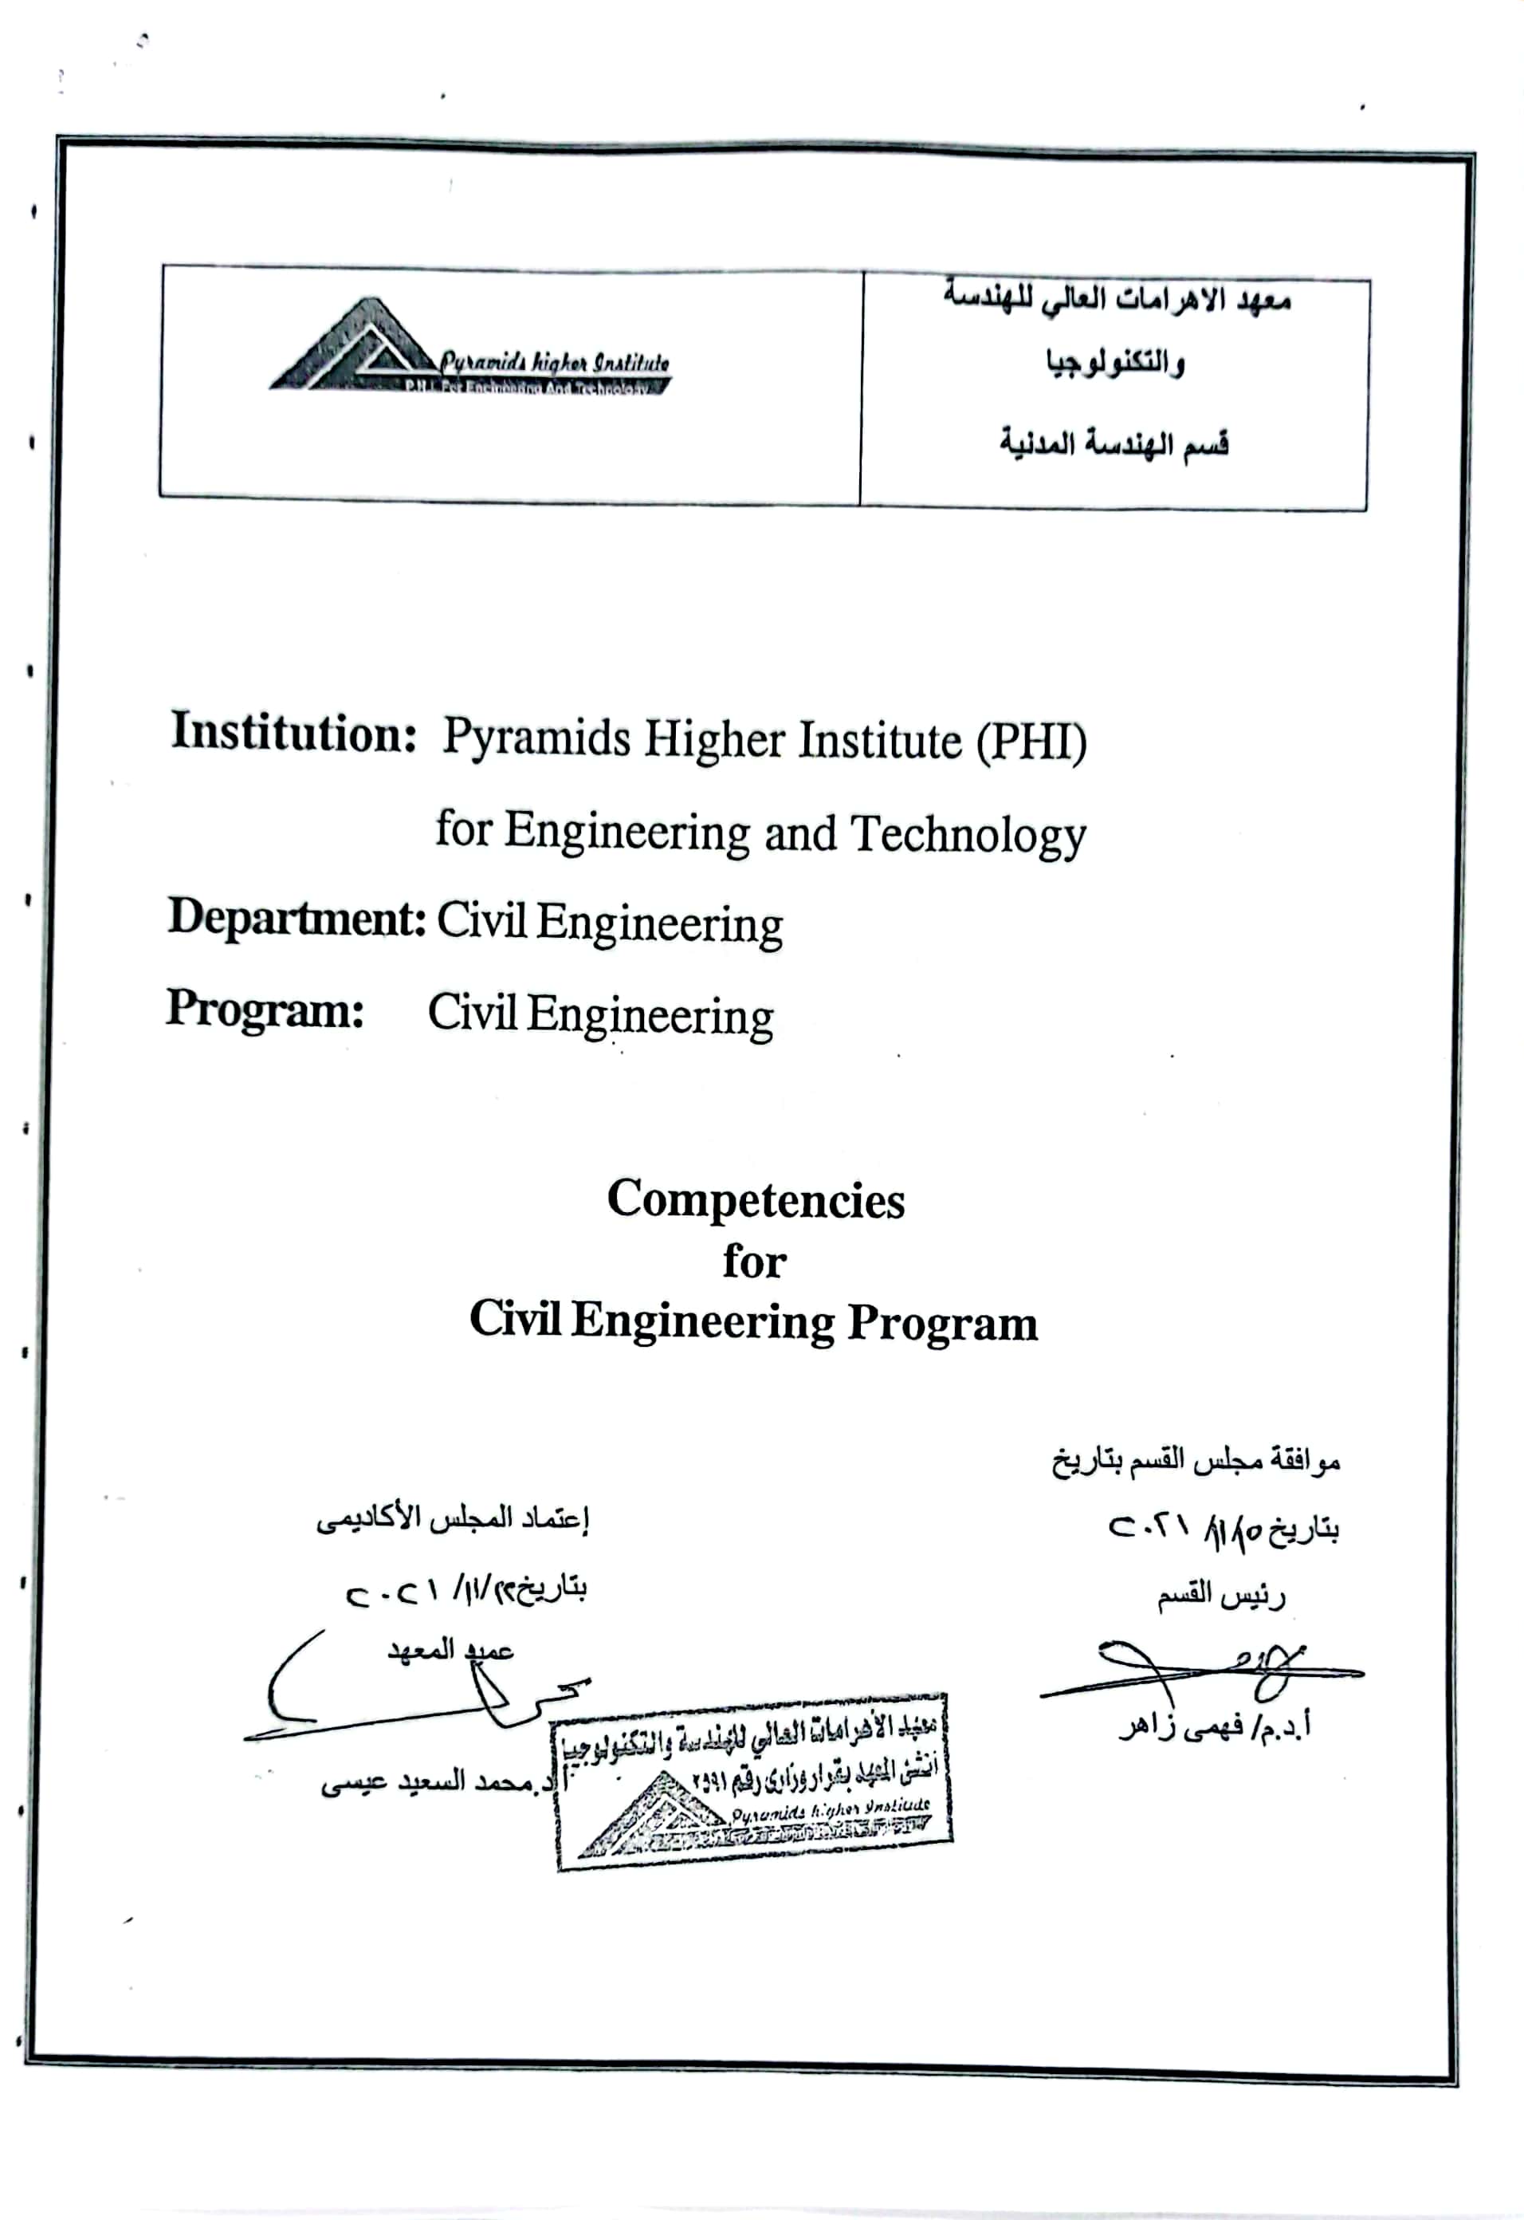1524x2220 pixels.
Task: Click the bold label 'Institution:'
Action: click(x=293, y=734)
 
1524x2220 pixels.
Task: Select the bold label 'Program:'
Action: click(x=265, y=1009)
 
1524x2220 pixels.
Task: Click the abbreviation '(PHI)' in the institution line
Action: click(x=1031, y=742)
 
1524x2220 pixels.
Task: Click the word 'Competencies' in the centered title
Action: click(x=756, y=1200)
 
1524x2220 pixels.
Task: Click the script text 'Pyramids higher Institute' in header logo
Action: click(x=554, y=362)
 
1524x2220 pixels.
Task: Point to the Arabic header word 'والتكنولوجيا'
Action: click(x=1114, y=364)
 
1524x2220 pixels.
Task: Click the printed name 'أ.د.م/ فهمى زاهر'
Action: click(x=1214, y=1726)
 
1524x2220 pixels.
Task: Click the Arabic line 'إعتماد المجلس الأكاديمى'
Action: click(x=453, y=1520)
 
